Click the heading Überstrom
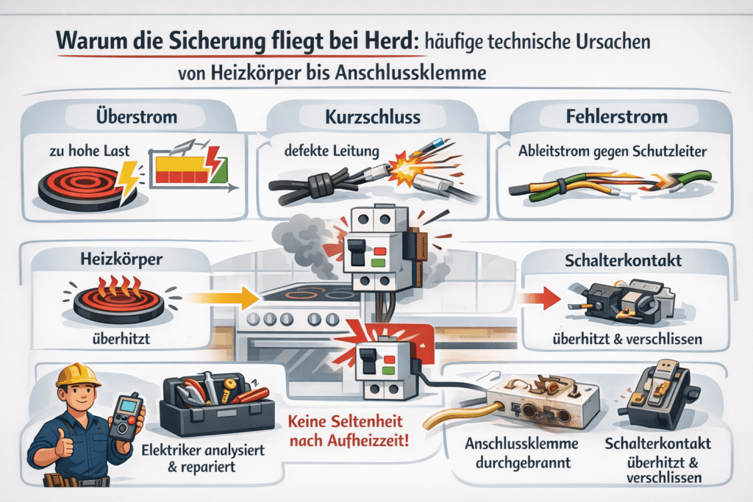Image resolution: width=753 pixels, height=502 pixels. point(136,117)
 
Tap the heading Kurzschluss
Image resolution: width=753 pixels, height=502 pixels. point(373,117)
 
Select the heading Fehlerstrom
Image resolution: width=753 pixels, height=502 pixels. point(617,117)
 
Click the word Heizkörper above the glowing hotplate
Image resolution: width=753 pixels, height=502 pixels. point(121,259)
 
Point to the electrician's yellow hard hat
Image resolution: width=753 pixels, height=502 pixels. point(78,376)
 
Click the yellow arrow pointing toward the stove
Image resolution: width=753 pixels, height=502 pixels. point(223,298)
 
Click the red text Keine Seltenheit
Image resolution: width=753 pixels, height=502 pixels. point(346,421)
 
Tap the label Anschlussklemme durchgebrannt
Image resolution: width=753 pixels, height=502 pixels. point(522,453)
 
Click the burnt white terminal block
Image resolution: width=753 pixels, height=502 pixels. point(543,402)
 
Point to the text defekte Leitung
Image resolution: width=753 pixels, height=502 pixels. point(332,151)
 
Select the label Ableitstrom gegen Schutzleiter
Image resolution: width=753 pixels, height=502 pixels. point(613,151)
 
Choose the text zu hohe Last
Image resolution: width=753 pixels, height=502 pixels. point(89,151)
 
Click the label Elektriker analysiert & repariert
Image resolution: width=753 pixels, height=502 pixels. point(203,459)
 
